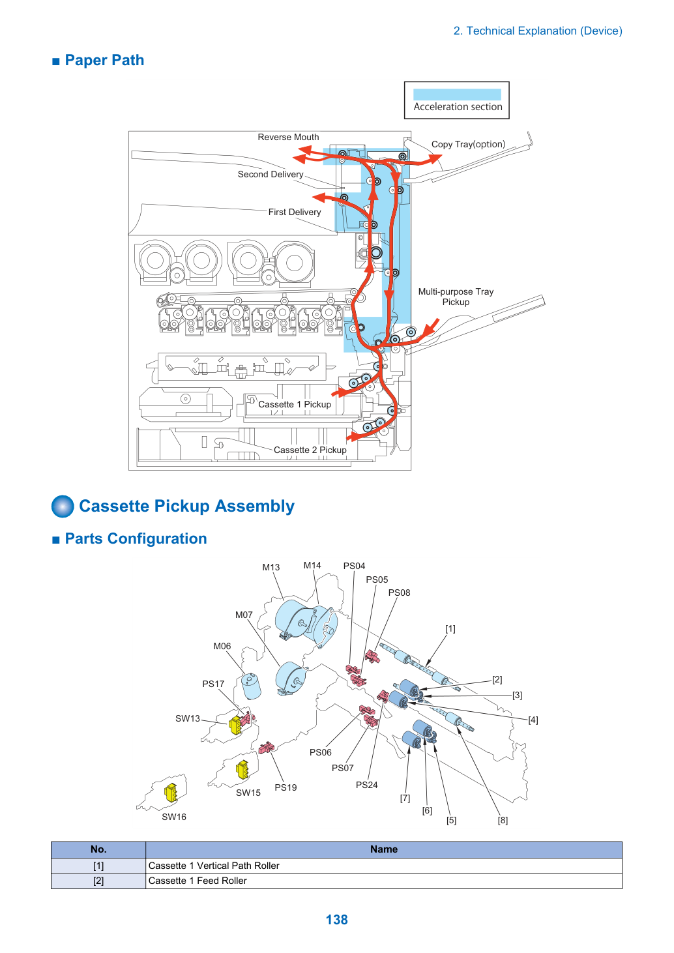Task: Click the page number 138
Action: click(336, 919)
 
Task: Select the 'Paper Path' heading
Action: click(104, 60)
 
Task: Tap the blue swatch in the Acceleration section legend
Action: click(456, 95)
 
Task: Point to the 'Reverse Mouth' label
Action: click(288, 137)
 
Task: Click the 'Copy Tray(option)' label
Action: click(468, 144)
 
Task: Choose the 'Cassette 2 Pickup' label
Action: click(310, 450)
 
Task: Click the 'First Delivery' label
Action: click(295, 212)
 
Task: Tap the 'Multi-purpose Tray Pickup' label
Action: click(456, 297)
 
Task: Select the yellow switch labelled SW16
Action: click(171, 793)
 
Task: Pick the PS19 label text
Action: click(286, 787)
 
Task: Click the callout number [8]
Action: click(503, 820)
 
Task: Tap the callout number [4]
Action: click(533, 720)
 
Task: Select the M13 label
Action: click(271, 567)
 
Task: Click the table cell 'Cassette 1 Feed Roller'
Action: click(198, 880)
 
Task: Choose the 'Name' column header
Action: click(383, 849)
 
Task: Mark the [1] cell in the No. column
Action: click(98, 866)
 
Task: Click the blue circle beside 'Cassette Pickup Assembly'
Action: click(63, 506)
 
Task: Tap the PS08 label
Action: click(399, 593)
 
